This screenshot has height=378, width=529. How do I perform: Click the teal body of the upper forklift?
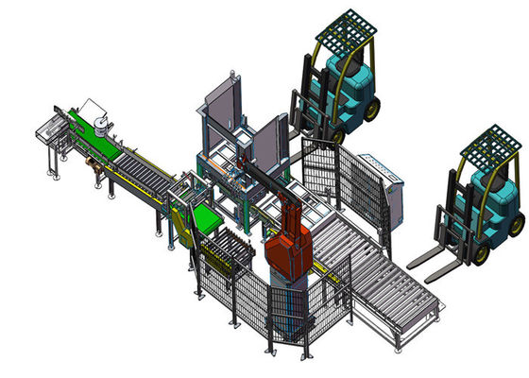[348, 85]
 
